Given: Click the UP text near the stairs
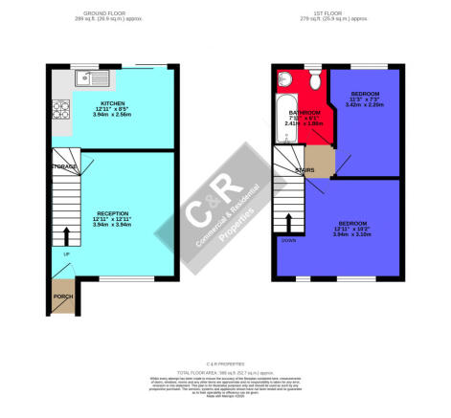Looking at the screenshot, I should [66, 253].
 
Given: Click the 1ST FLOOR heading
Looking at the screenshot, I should [332, 12].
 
